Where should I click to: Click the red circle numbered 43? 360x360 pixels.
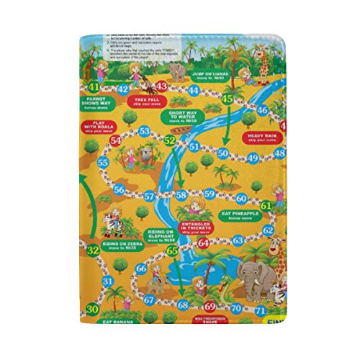pos(161,86)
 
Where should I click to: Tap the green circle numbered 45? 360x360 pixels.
pos(228,98)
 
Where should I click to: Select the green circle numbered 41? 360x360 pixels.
pos(91,86)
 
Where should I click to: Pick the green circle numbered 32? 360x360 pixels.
pos(92,251)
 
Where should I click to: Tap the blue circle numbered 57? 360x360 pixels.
pos(149,195)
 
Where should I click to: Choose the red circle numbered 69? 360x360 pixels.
pos(210,306)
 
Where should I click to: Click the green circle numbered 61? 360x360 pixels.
pos(266,205)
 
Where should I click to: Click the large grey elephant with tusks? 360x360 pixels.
pos(249,278)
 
